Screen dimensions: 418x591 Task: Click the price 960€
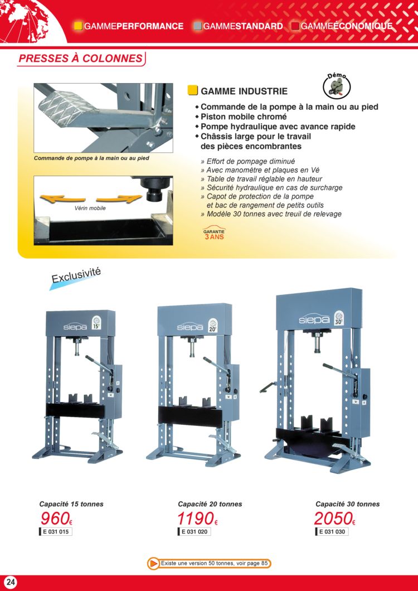(56, 519)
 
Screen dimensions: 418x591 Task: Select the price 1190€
(197, 519)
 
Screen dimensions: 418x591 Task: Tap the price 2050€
(335, 519)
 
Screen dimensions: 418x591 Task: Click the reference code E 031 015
(55, 532)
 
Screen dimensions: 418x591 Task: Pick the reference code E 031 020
(194, 532)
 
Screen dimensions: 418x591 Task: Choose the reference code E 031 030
(332, 532)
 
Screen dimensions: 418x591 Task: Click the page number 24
(11, 582)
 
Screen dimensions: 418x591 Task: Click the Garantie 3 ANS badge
(213, 234)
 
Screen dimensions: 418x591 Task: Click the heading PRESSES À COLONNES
(81, 59)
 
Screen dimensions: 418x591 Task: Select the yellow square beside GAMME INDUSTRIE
(193, 91)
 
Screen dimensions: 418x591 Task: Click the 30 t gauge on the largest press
(339, 318)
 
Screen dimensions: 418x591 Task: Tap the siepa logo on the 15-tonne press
(75, 327)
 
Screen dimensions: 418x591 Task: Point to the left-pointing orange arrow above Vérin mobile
(62, 198)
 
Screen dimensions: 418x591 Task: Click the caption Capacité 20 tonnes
(210, 504)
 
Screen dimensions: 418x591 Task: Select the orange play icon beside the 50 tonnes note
(153, 564)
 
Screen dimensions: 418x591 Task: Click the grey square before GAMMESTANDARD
(197, 26)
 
